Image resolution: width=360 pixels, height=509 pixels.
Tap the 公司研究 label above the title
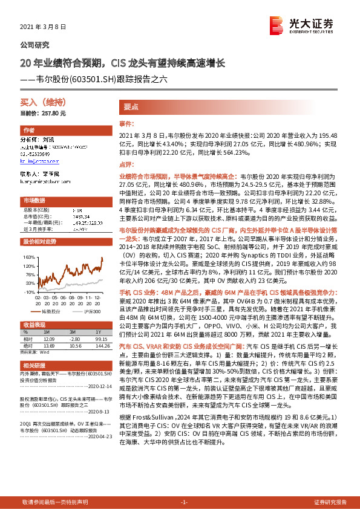coord(35,45)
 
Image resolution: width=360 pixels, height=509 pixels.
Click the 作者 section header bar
coord(29,131)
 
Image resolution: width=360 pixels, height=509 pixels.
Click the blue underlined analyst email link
coord(39,161)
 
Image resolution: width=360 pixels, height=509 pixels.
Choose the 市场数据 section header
coord(34,200)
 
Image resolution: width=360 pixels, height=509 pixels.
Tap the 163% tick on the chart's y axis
coord(29,256)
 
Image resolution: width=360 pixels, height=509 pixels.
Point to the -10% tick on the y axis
coord(29,292)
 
